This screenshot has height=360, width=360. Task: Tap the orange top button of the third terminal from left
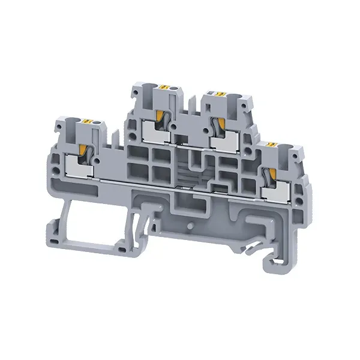click(x=220, y=94)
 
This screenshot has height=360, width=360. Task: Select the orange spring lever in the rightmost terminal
click(x=271, y=173)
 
